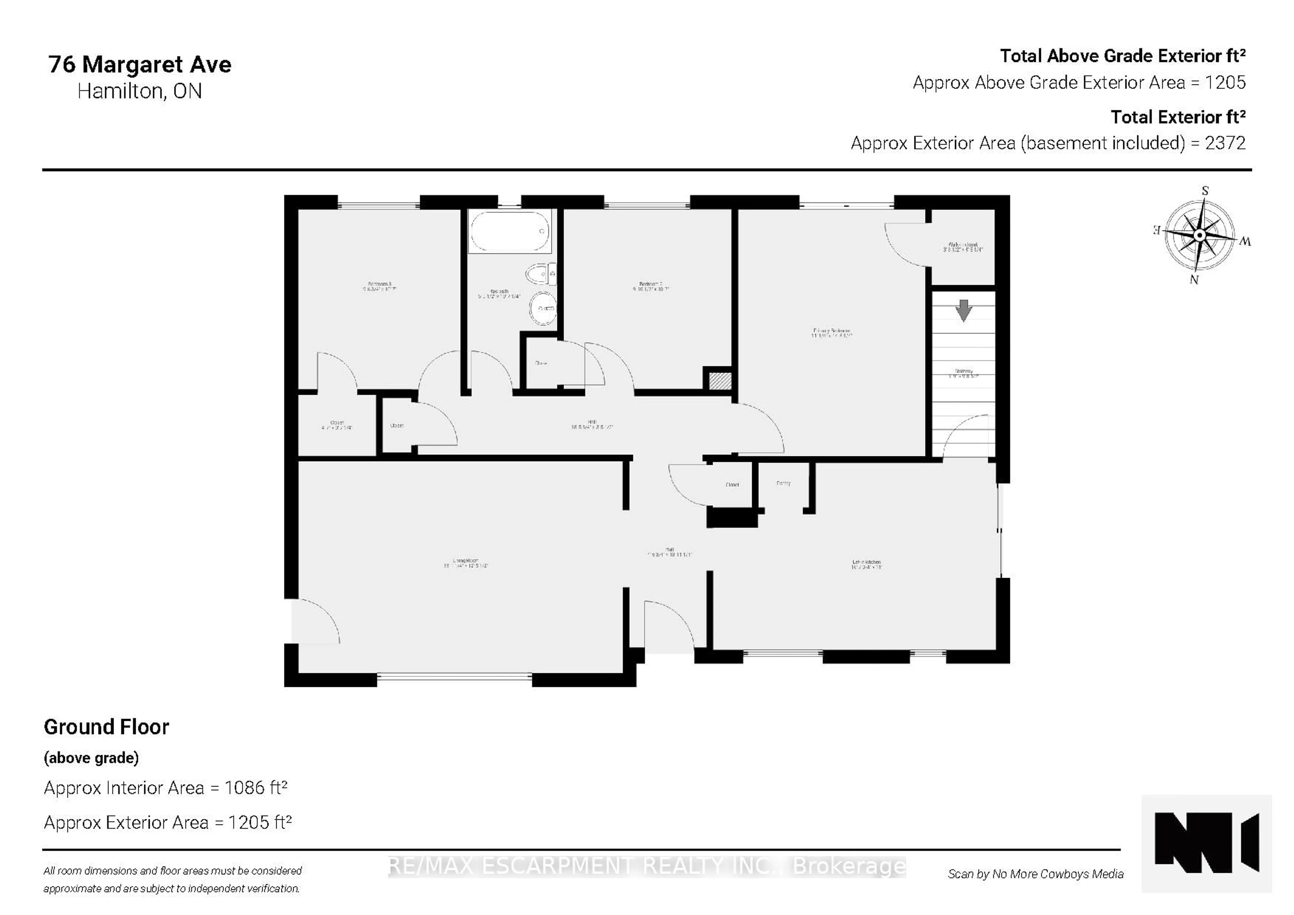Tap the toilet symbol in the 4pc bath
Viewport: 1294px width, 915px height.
pyautogui.click(x=540, y=275)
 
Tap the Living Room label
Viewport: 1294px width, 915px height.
pyautogui.click(x=465, y=562)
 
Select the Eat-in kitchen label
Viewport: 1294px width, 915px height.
pyautogui.click(x=866, y=564)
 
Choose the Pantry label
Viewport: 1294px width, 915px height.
pyautogui.click(x=783, y=483)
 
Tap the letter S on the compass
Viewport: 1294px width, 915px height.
pyautogui.click(x=1205, y=190)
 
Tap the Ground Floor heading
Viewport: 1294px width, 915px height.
pyautogui.click(x=106, y=727)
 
